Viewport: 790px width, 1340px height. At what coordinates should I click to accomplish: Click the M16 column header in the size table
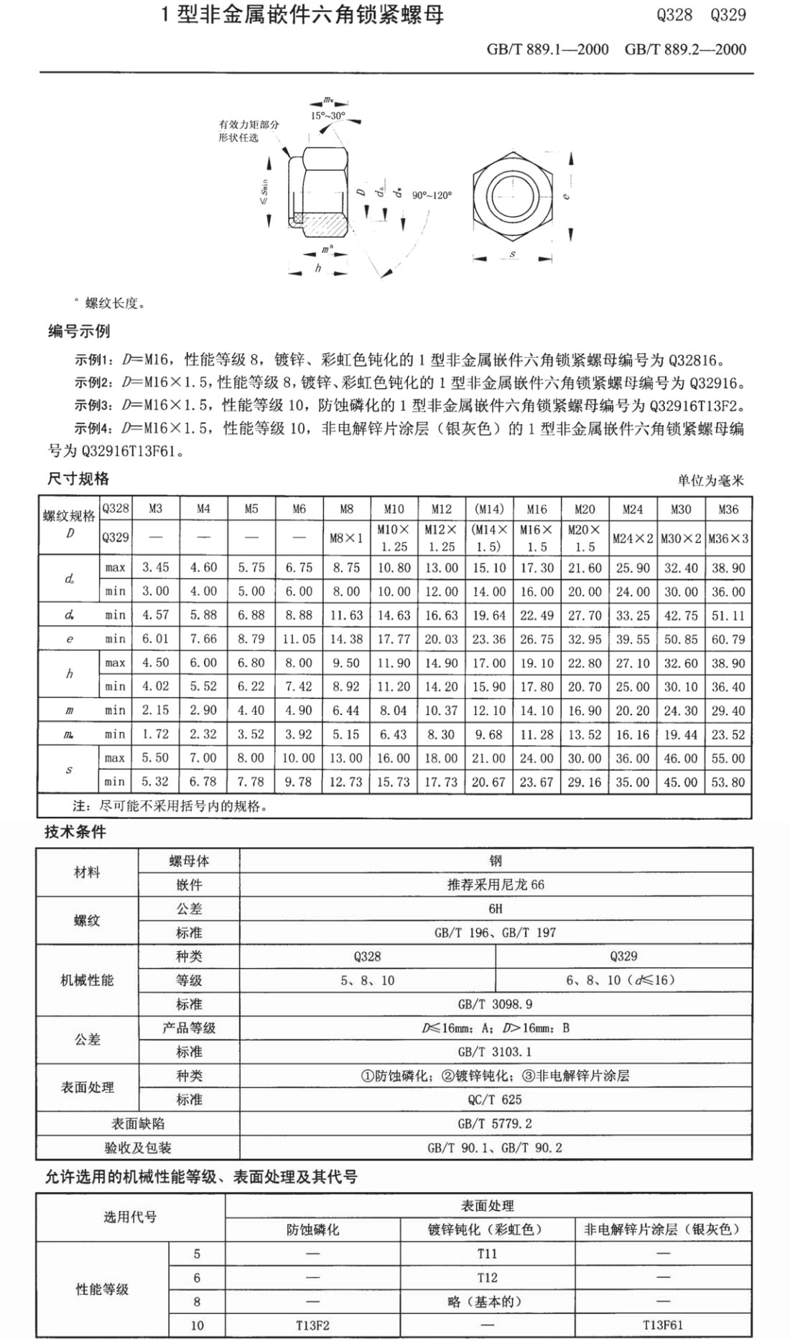536,509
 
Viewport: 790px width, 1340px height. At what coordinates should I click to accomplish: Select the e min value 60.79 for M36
728,639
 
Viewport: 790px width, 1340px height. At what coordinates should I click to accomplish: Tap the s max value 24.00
536,758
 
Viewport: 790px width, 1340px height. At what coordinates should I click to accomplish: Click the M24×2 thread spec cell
633,538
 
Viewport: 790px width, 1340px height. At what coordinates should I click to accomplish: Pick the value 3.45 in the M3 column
156,568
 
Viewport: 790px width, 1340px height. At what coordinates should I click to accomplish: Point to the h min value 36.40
728,687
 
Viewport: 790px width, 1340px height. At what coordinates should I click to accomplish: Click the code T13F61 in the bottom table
663,1325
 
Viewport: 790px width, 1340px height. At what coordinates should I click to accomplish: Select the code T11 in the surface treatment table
487,1254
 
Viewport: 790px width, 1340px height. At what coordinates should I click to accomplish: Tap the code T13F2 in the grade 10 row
312,1325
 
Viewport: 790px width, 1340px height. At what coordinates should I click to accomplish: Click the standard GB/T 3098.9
495,1004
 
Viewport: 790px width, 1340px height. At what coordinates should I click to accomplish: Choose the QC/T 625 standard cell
495,1099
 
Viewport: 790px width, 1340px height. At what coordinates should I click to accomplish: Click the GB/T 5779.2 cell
495,1124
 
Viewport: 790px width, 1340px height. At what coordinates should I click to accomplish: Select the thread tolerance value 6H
495,909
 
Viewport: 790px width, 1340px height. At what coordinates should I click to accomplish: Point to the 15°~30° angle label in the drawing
327,116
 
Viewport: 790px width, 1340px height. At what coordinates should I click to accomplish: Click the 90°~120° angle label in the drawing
432,195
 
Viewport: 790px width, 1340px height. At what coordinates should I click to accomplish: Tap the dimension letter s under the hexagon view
512,254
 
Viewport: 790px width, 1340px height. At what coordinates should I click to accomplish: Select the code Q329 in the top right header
728,15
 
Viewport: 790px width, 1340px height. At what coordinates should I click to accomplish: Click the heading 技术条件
75,832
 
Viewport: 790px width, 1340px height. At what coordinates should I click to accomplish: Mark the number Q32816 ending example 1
697,360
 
